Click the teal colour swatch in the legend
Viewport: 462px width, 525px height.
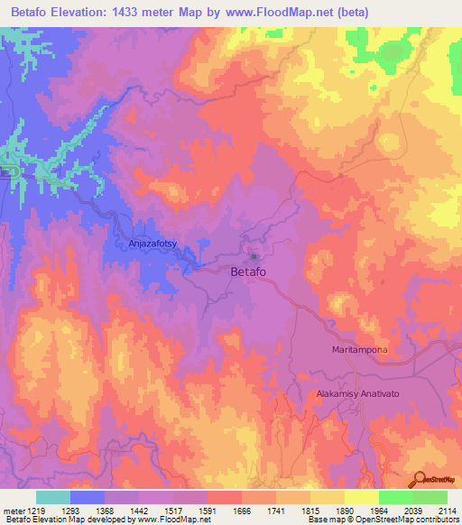[x=53, y=497]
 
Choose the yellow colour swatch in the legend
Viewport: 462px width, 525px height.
[x=361, y=497]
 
